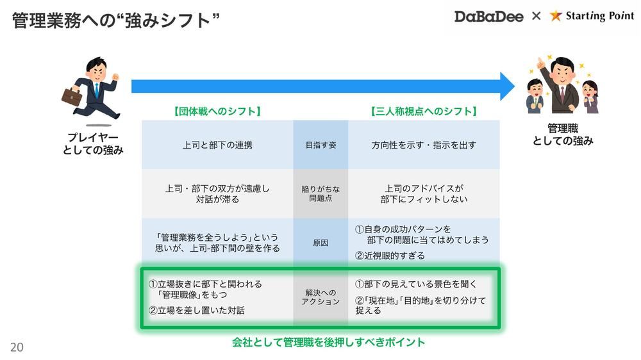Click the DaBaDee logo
tap(490, 16)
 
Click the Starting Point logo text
tap(595, 16)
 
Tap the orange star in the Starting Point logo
tap(555, 16)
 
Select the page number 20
tap(17, 347)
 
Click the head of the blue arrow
tap(507, 86)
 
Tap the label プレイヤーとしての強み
tap(94, 144)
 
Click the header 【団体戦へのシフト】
tap(217, 111)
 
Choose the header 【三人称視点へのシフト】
tap(424, 111)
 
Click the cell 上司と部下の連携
tap(217, 145)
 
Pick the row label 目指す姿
tap(320, 145)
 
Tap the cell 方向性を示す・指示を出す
tap(424, 145)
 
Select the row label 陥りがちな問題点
tap(320, 193)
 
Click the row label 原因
tap(320, 243)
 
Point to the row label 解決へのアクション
tap(320, 297)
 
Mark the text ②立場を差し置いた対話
tap(196, 311)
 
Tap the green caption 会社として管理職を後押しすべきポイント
tap(328, 342)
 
